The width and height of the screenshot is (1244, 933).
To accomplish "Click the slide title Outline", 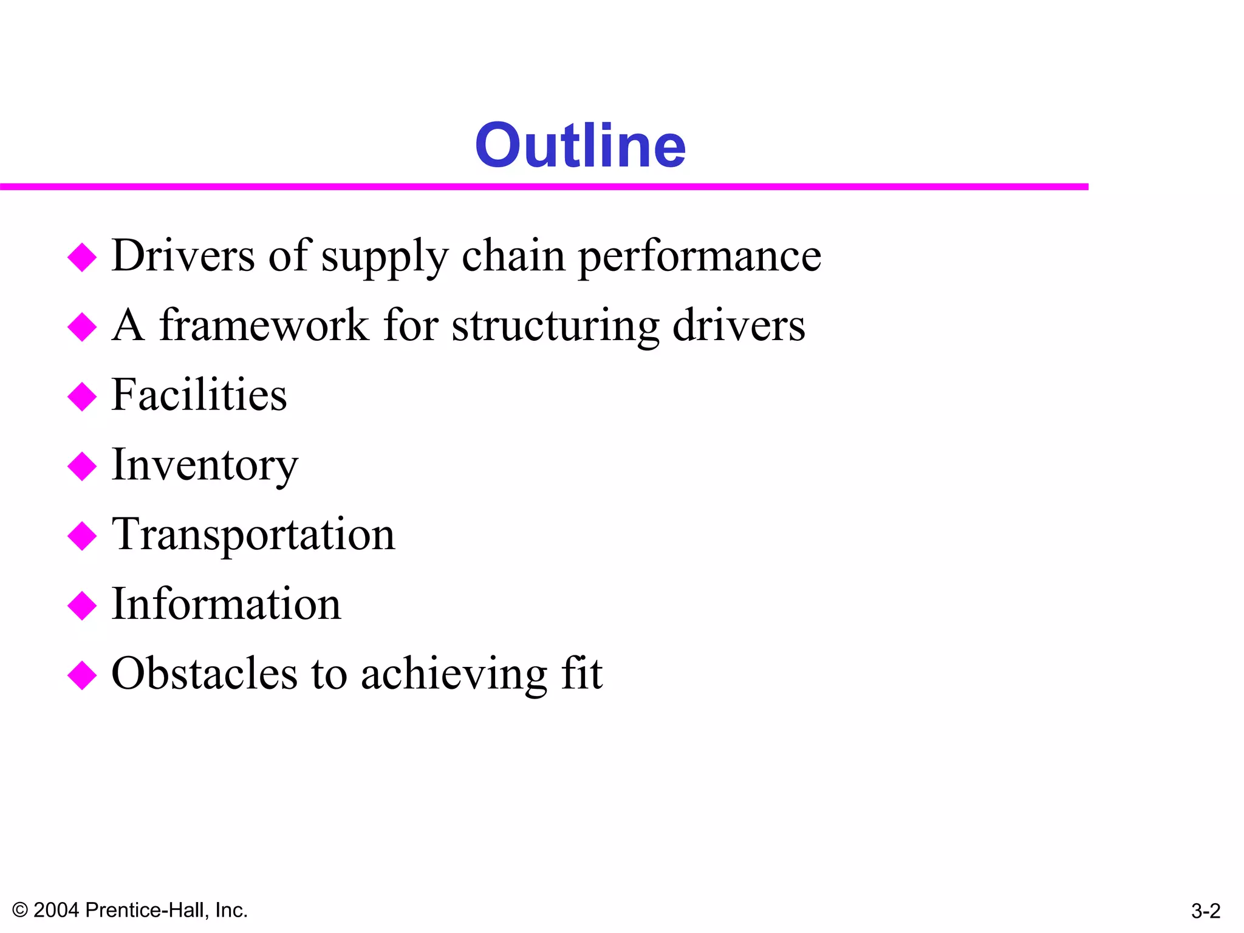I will click(580, 145).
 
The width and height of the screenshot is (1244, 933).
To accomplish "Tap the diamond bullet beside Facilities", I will click(82, 397).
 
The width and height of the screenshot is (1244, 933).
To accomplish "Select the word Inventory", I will click(205, 465).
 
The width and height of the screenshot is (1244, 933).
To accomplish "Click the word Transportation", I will click(253, 535).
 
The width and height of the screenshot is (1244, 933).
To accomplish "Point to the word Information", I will click(226, 604).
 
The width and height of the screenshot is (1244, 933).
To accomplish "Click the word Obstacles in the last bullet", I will click(205, 674).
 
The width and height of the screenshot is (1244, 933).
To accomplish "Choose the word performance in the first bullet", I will click(699, 256).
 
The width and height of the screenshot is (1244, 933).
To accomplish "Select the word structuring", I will click(555, 327).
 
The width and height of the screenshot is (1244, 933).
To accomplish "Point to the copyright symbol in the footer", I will click(20, 910).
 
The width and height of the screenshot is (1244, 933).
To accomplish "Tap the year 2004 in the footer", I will click(56, 910).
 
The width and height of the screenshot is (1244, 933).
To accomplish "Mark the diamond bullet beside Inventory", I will click(82, 466).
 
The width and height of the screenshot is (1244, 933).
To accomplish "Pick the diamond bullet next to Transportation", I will click(82, 536).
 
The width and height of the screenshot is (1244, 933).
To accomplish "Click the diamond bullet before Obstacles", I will click(82, 675).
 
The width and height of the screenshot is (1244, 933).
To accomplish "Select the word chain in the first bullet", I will click(513, 256).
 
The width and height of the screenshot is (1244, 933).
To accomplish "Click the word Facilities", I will click(199, 395).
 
